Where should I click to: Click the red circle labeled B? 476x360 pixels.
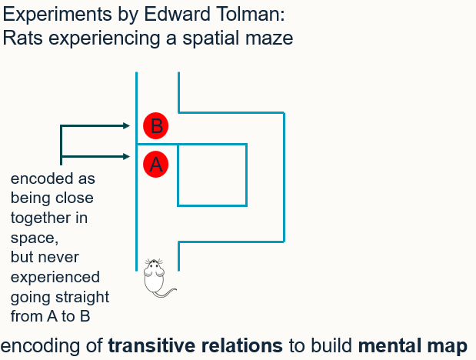pyautogui.click(x=156, y=125)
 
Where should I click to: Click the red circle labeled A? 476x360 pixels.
pyautogui.click(x=155, y=164)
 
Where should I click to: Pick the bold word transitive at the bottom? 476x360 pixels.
pyautogui.click(x=156, y=345)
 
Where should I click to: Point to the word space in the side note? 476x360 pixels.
pyautogui.click(x=30, y=238)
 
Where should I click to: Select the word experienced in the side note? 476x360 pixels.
pyautogui.click(x=55, y=276)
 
